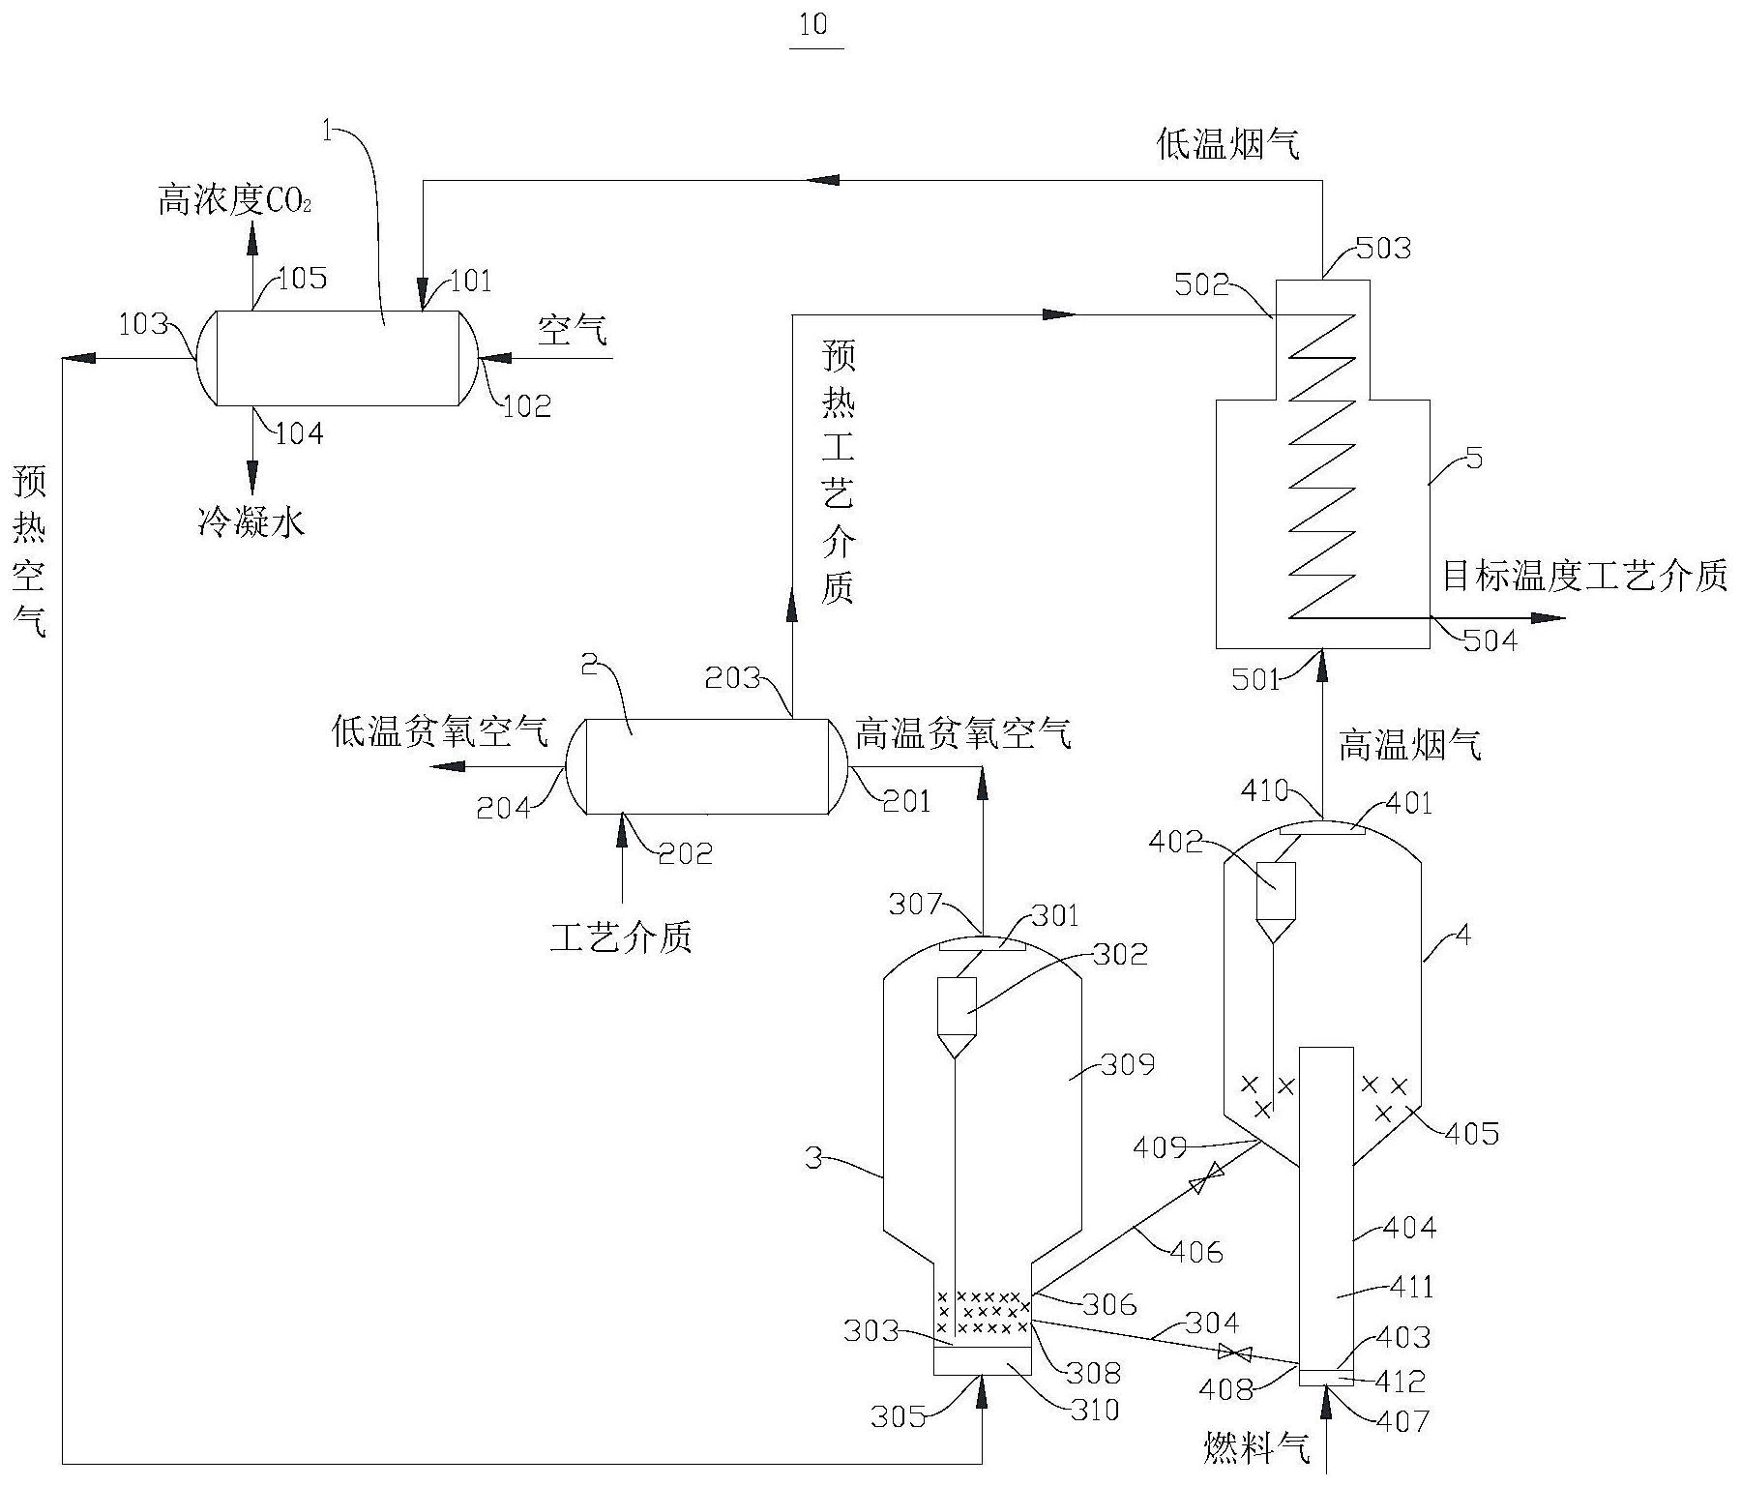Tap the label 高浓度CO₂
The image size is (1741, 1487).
pyautogui.click(x=234, y=201)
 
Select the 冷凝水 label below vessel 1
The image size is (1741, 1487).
pyautogui.click(x=251, y=523)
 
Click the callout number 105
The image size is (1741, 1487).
pyautogui.click(x=302, y=279)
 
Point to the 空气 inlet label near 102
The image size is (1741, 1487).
pyautogui.click(x=573, y=331)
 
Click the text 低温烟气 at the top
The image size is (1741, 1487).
pyautogui.click(x=1228, y=144)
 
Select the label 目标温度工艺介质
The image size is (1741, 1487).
pyautogui.click(x=1584, y=577)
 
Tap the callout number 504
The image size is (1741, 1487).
pyautogui.click(x=1490, y=640)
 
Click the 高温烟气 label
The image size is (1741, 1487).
pyautogui.click(x=1409, y=745)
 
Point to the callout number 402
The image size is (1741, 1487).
pyautogui.click(x=1177, y=842)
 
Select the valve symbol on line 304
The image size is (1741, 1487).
pyautogui.click(x=1232, y=1352)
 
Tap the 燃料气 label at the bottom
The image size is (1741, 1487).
pyautogui.click(x=1256, y=1448)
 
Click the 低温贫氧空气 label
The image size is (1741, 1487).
pyautogui.click(x=440, y=732)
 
